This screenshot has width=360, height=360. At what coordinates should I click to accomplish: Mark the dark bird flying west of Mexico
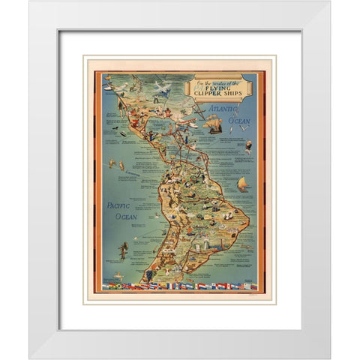point(114,127)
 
